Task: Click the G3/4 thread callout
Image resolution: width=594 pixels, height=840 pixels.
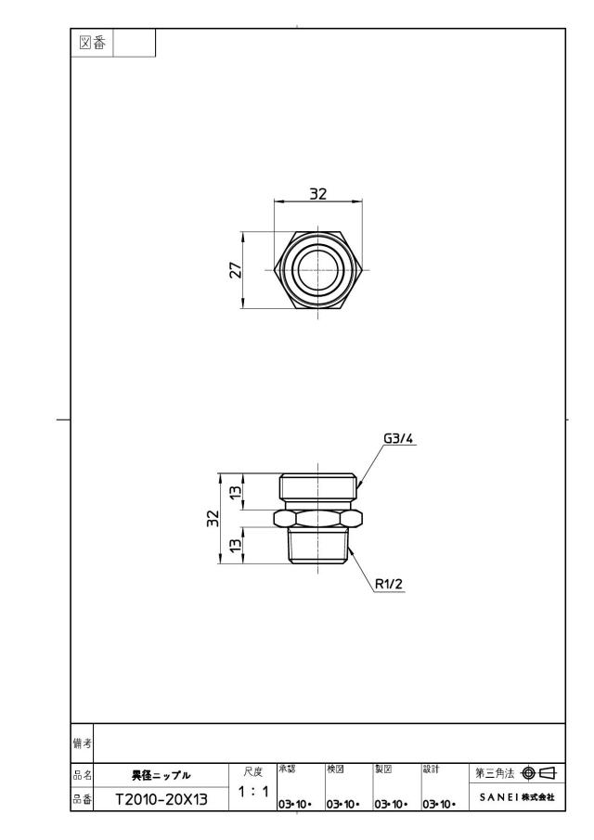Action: tap(398, 439)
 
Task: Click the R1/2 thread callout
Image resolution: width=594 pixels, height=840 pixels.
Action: tap(388, 584)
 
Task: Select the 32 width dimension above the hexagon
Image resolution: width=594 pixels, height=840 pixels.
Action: tap(318, 193)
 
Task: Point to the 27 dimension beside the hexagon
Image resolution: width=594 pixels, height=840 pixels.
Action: tap(236, 270)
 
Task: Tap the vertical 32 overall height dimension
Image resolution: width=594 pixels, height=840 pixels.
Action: tap(213, 518)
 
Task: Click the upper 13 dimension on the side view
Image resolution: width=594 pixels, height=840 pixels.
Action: tap(236, 491)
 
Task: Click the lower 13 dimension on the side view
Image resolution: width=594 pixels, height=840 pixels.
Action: tap(236, 546)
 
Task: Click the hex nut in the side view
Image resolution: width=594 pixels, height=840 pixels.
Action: tap(318, 518)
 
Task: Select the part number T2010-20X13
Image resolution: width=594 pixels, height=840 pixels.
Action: tap(161, 800)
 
